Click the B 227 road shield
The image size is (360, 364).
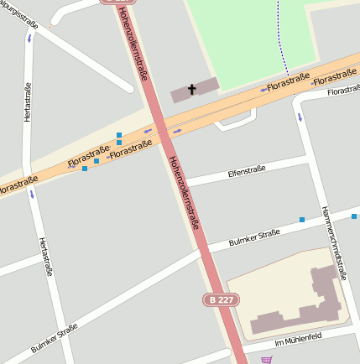click(x=220, y=299)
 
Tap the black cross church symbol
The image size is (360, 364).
click(x=191, y=89)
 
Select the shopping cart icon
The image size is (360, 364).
click(x=266, y=360)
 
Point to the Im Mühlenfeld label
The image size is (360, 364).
click(x=298, y=339)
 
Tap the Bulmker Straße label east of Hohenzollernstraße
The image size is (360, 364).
click(x=254, y=238)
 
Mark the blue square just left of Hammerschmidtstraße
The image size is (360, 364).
click(x=302, y=220)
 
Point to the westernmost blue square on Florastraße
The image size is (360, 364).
click(x=85, y=169)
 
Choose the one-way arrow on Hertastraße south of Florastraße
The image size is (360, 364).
click(x=33, y=195)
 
